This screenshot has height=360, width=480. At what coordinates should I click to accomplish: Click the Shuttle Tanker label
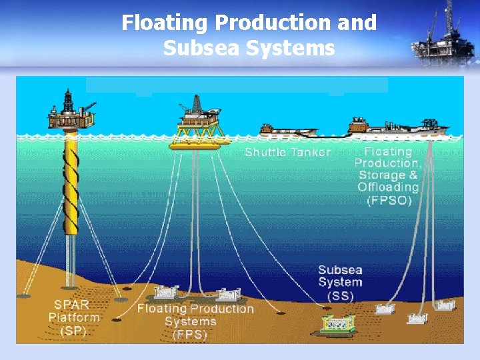coord(287,152)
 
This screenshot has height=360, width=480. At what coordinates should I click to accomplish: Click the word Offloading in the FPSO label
coord(388,187)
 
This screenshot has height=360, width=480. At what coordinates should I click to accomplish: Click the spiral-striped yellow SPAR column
coord(71,180)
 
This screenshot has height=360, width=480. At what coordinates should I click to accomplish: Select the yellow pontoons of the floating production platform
coord(198,142)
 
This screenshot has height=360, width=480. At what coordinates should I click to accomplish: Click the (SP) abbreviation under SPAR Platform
coord(73,331)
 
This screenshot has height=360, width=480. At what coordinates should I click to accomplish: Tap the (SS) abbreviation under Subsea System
coord(340,295)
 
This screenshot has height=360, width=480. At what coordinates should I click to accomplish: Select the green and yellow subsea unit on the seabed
coord(338,324)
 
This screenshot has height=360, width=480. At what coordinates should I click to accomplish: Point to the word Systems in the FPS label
coord(191,321)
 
